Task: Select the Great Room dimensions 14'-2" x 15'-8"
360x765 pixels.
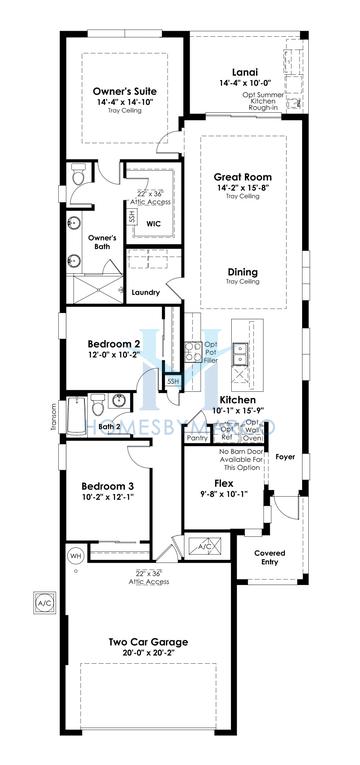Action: pos(243,187)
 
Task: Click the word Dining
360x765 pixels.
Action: pos(243,272)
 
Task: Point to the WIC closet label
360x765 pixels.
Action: pos(154,223)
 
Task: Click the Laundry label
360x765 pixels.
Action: pos(146,292)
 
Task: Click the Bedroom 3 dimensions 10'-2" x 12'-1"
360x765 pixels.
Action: pos(108,493)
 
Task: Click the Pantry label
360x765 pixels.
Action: pos(197,437)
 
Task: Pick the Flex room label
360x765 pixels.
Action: pos(210,481)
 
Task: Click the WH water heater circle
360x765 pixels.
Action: pos(74,555)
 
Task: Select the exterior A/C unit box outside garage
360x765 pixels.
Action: pos(42,604)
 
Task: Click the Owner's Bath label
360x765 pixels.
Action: pos(107,242)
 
